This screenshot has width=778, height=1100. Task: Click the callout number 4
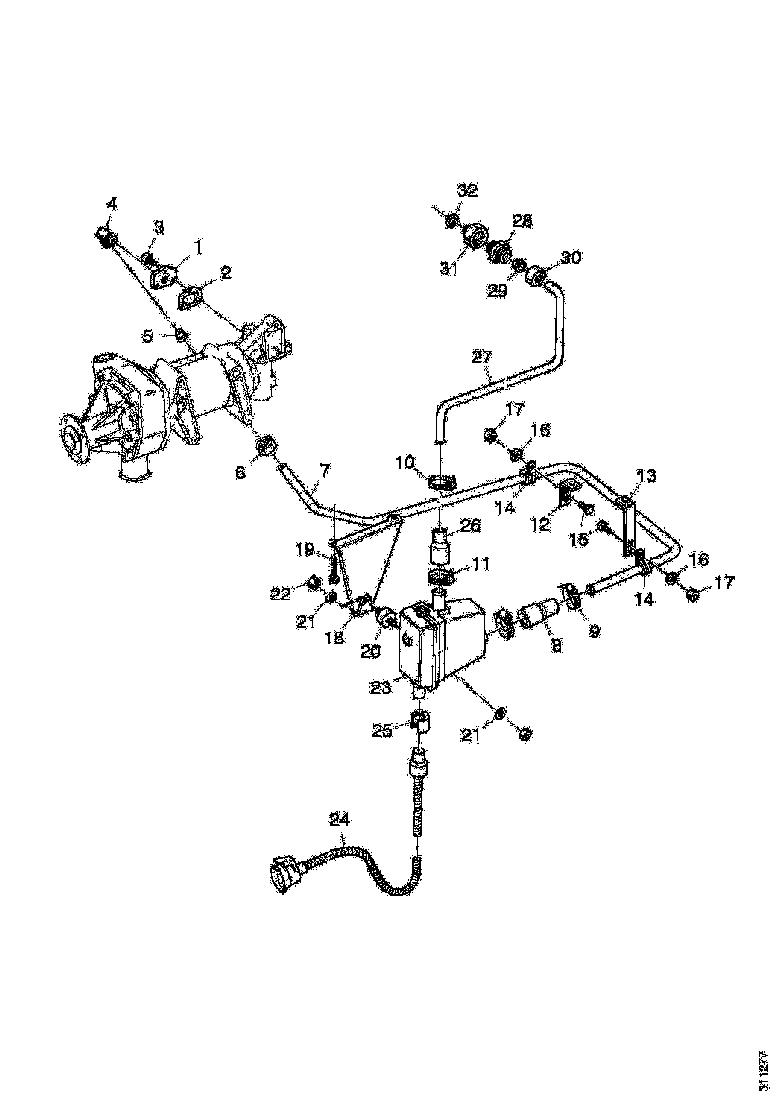(112, 203)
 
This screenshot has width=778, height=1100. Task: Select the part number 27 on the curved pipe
(483, 356)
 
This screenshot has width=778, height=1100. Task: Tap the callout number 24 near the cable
(340, 819)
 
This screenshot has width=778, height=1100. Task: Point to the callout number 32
(468, 190)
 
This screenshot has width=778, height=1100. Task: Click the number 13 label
(647, 476)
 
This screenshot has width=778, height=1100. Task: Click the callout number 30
(570, 257)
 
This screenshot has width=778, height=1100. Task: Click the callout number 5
(146, 336)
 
